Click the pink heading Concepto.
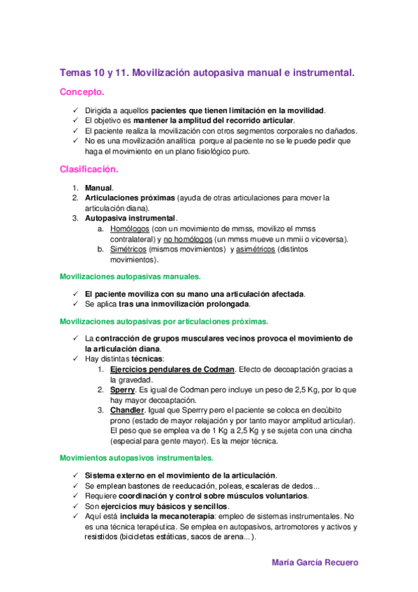[82, 91]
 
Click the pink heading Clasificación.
[89, 169]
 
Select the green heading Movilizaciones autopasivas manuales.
[130, 276]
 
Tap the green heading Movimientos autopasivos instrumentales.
[137, 458]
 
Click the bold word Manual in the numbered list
[98, 188]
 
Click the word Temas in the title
[75, 71]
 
